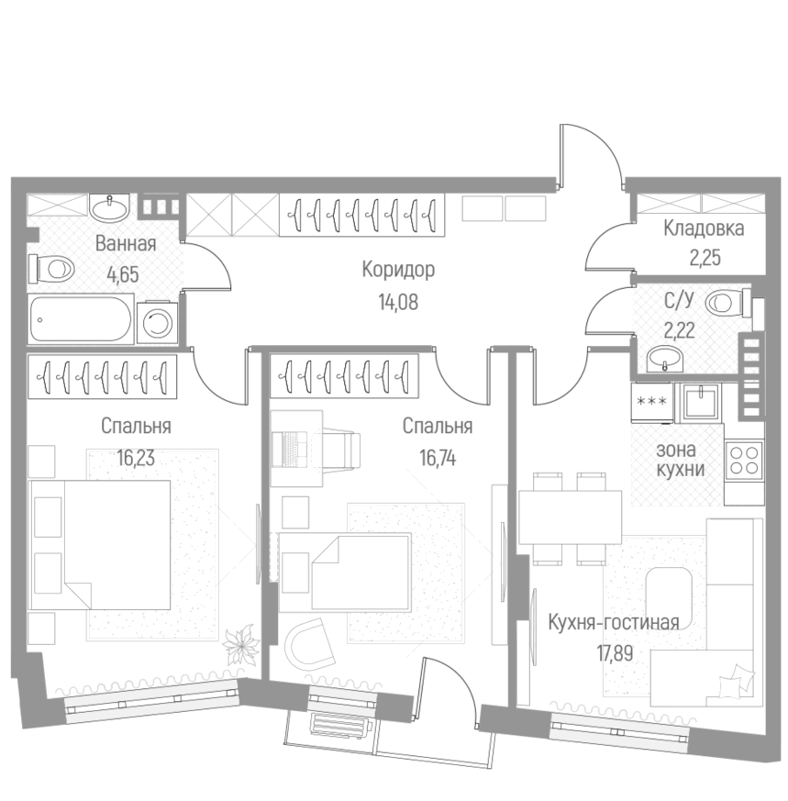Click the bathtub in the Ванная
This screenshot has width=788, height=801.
81,320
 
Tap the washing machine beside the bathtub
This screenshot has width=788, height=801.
159,322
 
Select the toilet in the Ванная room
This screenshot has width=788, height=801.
51,269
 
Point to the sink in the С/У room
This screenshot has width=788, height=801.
664,359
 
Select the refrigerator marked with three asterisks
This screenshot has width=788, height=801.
651,401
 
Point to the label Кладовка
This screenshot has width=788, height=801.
704,229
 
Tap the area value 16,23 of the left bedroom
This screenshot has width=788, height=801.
136,456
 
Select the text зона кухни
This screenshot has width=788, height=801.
680,460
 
